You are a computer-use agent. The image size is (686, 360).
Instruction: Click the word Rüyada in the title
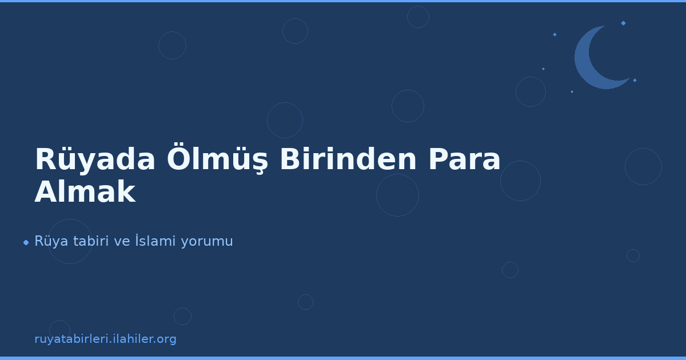[95, 160]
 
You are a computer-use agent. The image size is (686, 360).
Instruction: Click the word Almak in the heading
[85, 193]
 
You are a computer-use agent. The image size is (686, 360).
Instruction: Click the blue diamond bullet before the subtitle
[26, 242]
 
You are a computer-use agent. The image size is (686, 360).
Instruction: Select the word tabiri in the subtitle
[92, 241]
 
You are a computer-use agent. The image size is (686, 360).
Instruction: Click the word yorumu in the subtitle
[207, 241]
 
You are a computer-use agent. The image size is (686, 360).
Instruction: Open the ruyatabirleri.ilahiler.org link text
[105, 339]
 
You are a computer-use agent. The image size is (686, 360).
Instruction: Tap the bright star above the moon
[623, 23]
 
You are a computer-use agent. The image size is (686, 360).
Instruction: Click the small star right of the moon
[635, 80]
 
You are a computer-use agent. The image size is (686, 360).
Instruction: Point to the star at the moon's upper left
[555, 34]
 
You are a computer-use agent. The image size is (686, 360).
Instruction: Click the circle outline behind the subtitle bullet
[70, 241]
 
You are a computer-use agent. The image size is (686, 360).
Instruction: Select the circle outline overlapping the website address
[59, 330]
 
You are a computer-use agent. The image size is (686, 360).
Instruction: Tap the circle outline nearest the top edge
[418, 17]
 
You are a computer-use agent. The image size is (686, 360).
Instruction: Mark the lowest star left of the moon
[572, 91]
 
